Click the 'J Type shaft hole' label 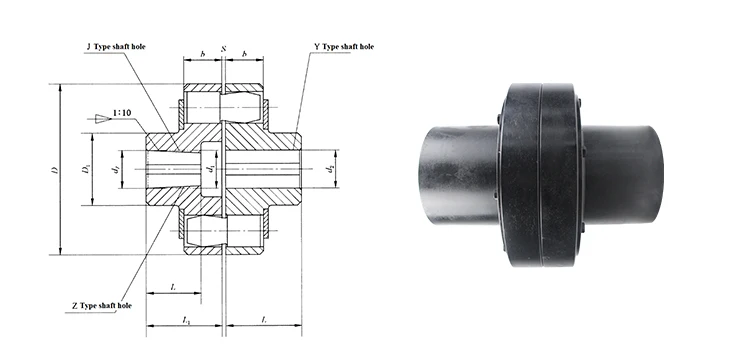point(116,47)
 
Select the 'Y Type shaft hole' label point(344,46)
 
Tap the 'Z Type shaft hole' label point(102,305)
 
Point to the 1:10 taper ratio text point(121,113)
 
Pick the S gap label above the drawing point(223,49)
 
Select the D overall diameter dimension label point(55,170)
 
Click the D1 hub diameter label point(85,169)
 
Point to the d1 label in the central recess point(209,169)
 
